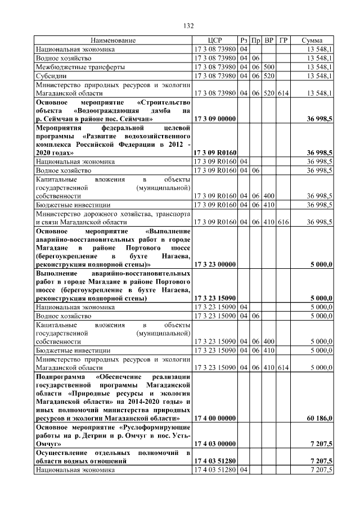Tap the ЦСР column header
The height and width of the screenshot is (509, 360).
point(214,41)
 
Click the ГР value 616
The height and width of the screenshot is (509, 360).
point(283,222)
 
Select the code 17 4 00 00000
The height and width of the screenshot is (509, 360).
point(214,418)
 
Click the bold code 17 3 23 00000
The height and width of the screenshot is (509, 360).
point(214,263)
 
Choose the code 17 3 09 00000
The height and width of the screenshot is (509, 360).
point(214,119)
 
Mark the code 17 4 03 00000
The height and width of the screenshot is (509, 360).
point(214,444)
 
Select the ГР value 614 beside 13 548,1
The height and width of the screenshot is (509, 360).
point(283,93)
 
